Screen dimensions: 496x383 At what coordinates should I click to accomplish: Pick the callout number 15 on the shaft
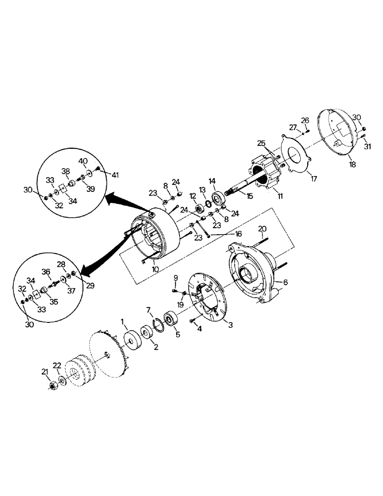pos(249,196)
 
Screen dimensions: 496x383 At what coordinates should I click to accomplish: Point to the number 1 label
pos(124,322)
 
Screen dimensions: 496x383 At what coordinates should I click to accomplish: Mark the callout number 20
pos(262,229)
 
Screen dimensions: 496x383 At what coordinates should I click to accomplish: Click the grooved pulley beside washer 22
pos(77,371)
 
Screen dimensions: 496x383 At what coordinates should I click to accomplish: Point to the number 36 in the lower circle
pos(46,271)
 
